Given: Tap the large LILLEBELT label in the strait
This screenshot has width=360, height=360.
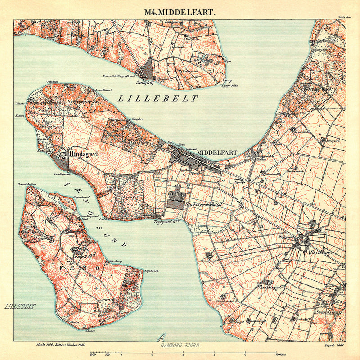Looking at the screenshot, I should (157, 98).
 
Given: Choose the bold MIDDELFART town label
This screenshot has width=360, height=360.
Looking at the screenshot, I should (217, 152).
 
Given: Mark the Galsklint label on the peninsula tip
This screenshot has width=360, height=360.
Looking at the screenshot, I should (53, 82).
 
